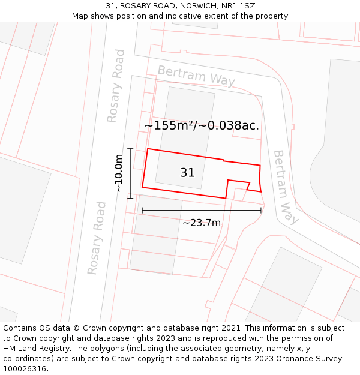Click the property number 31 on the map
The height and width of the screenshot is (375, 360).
[187, 173]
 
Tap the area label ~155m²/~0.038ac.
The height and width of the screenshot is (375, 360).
[202, 125]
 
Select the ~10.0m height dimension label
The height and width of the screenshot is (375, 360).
[119, 173]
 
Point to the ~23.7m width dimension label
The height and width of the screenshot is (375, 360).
[202, 223]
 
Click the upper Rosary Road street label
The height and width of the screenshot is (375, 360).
[116, 86]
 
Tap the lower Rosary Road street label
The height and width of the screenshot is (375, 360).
[97, 238]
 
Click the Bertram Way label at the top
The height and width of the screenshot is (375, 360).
[196, 76]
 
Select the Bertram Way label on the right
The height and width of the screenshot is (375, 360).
[286, 187]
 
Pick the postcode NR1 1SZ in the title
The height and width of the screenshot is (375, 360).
[238, 6]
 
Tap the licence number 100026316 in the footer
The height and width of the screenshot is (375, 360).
[26, 369]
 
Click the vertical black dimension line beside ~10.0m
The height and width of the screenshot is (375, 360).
[130, 173]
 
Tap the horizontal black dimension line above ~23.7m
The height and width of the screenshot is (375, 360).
[202, 210]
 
